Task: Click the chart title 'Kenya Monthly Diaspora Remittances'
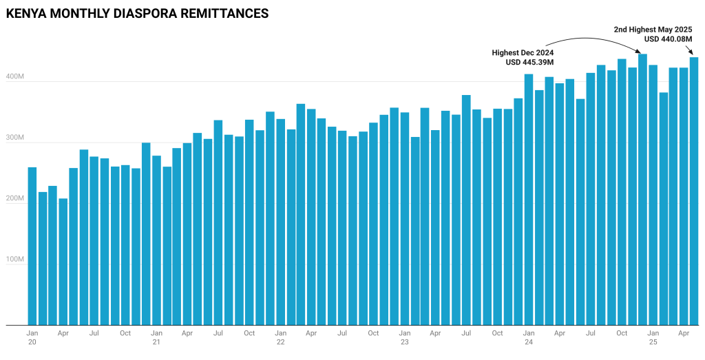[136, 13]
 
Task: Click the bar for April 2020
[63, 262]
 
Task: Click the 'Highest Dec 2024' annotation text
[523, 52]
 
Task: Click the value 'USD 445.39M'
[529, 62]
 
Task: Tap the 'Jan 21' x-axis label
[156, 337]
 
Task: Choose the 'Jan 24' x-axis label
[529, 337]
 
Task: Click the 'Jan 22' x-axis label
[280, 337]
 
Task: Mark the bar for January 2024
[529, 200]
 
